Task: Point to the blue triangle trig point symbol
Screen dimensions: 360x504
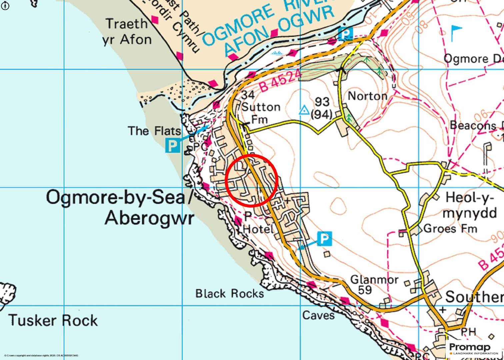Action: pyautogui.click(x=304, y=110)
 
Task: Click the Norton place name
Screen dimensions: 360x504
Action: pyautogui.click(x=367, y=96)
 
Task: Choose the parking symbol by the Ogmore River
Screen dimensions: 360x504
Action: pyautogui.click(x=345, y=34)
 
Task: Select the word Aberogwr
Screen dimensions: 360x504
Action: pyautogui.click(x=149, y=218)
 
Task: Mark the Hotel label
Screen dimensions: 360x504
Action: pyautogui.click(x=257, y=229)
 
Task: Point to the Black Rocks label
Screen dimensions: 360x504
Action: pyautogui.click(x=229, y=294)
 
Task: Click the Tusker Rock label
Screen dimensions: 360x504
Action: pyautogui.click(x=53, y=320)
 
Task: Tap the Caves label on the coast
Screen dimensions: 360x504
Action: pyautogui.click(x=318, y=315)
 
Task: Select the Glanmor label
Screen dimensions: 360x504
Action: pyautogui.click(x=374, y=279)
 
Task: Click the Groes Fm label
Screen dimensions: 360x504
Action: pyautogui.click(x=450, y=229)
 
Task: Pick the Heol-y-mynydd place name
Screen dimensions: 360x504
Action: pyautogui.click(x=469, y=205)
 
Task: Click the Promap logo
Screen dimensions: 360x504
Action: pyautogui.click(x=474, y=349)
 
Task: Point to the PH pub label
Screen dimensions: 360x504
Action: pyautogui.click(x=468, y=332)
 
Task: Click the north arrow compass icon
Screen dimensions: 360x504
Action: pyautogui.click(x=5, y=5)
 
